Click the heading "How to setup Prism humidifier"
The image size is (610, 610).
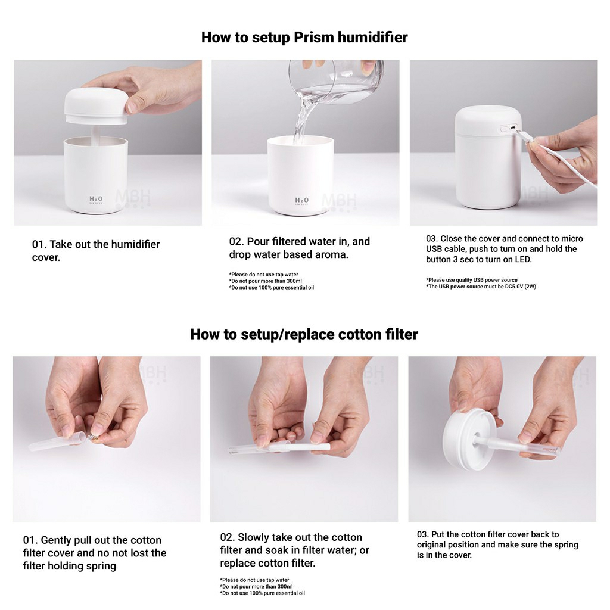coord(304,38)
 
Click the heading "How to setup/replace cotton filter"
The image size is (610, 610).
coord(304,334)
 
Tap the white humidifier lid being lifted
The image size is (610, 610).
coord(96,106)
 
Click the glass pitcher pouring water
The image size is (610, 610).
coord(337,82)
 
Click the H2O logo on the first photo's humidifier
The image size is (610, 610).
coord(96,200)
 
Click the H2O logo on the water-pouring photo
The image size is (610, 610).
coord(302,200)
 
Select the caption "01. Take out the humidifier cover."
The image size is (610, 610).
coord(96,251)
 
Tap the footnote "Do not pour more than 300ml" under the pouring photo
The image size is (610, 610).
coord(265,281)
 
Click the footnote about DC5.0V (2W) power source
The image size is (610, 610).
coord(481,287)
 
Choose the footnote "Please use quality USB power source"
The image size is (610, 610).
coord(472,280)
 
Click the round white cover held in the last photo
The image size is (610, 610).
coord(469,439)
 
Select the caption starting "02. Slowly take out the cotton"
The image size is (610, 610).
coord(294,550)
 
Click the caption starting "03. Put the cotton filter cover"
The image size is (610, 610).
coord(497,544)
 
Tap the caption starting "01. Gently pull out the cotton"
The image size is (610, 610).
coord(95,553)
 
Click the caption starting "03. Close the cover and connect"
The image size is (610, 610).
coord(505,249)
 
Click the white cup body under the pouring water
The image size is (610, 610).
coord(300,176)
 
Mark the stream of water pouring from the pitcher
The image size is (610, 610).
coord(301,117)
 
